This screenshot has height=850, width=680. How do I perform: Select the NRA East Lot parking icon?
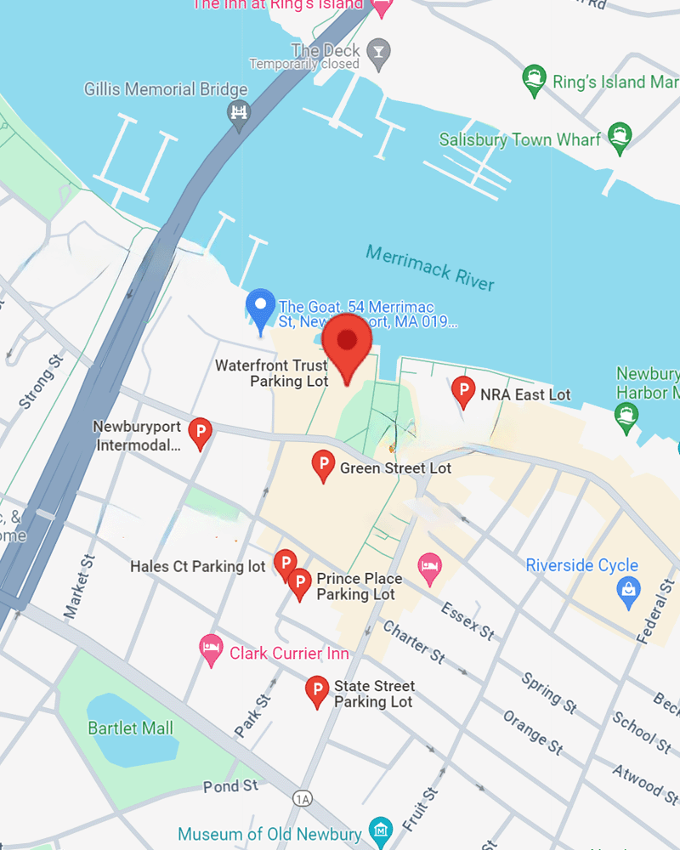(463, 392)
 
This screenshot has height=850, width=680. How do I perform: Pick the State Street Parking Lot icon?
(317, 691)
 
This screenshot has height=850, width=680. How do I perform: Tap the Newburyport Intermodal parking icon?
(200, 433)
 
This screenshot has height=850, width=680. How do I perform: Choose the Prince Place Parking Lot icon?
(299, 584)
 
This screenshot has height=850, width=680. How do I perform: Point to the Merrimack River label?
(430, 267)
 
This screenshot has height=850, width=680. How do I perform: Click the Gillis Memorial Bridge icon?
(240, 112)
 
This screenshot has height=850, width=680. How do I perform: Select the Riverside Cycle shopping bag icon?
(628, 592)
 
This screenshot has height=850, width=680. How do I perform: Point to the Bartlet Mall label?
(130, 728)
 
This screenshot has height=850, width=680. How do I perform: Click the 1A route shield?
(302, 798)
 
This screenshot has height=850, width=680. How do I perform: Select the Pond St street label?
(230, 786)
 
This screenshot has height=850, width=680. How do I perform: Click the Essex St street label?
(467, 620)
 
